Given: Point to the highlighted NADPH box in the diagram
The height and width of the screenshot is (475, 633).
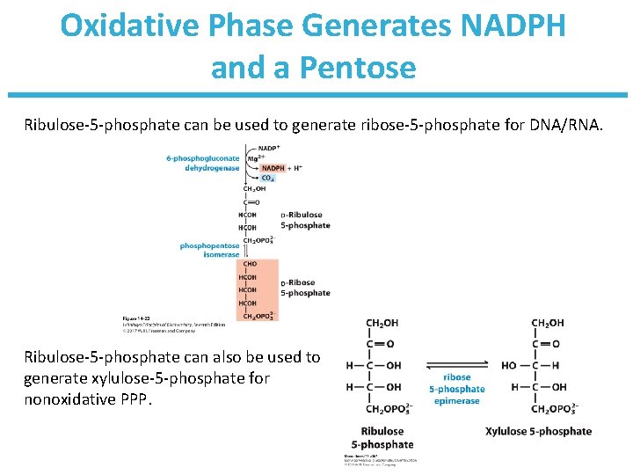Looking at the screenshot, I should coord(272,168).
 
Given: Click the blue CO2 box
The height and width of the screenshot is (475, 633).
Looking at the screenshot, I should coord(266,178).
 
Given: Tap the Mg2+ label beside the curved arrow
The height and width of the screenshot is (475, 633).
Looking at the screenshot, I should coord(253,159).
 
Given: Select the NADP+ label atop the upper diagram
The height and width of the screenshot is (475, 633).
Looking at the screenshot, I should coord(269,147).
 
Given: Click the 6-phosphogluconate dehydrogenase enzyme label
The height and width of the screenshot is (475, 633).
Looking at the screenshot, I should coord(203,163).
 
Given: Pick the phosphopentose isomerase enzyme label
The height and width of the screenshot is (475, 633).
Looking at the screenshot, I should coord(209,250).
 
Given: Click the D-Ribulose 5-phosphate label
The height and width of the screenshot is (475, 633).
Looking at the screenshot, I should coord(305,220).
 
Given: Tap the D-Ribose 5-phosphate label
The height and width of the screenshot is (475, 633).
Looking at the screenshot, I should coord(305,288).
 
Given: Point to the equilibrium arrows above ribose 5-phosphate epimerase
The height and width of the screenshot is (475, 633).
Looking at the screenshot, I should coord(456,366).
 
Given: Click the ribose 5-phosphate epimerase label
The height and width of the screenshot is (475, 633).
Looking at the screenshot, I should coord(456,389).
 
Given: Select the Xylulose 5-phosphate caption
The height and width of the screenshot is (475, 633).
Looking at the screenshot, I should coord(538,431).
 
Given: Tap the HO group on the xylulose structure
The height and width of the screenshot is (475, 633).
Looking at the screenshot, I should coord(508,365).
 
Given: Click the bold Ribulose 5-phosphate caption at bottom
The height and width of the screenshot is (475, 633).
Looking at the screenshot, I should coord(382,437).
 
